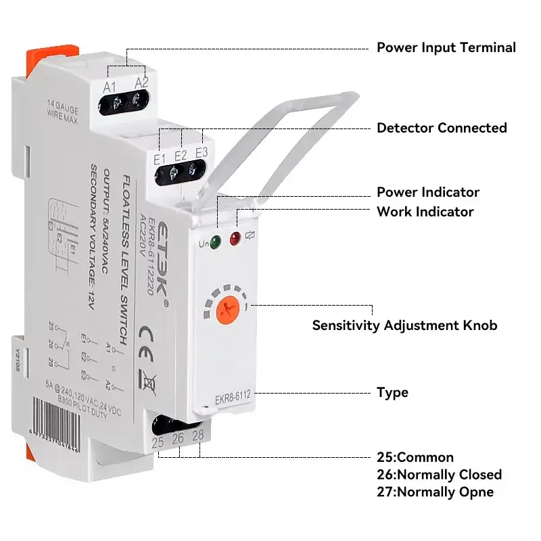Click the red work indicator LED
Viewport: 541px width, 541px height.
[x=235, y=238]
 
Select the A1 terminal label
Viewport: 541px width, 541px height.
[x=110, y=86]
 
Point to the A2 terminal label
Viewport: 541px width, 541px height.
[x=141, y=83]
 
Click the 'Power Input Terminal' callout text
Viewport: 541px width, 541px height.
[x=446, y=47]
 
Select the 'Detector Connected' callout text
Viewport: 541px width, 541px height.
[x=441, y=128]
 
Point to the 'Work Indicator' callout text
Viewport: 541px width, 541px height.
[x=425, y=212]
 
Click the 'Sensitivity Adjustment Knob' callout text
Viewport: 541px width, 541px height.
[x=404, y=325]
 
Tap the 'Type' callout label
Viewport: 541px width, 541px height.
[x=392, y=392]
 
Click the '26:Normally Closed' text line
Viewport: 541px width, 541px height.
[x=439, y=474]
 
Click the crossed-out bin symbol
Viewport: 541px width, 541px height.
[x=149, y=383]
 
